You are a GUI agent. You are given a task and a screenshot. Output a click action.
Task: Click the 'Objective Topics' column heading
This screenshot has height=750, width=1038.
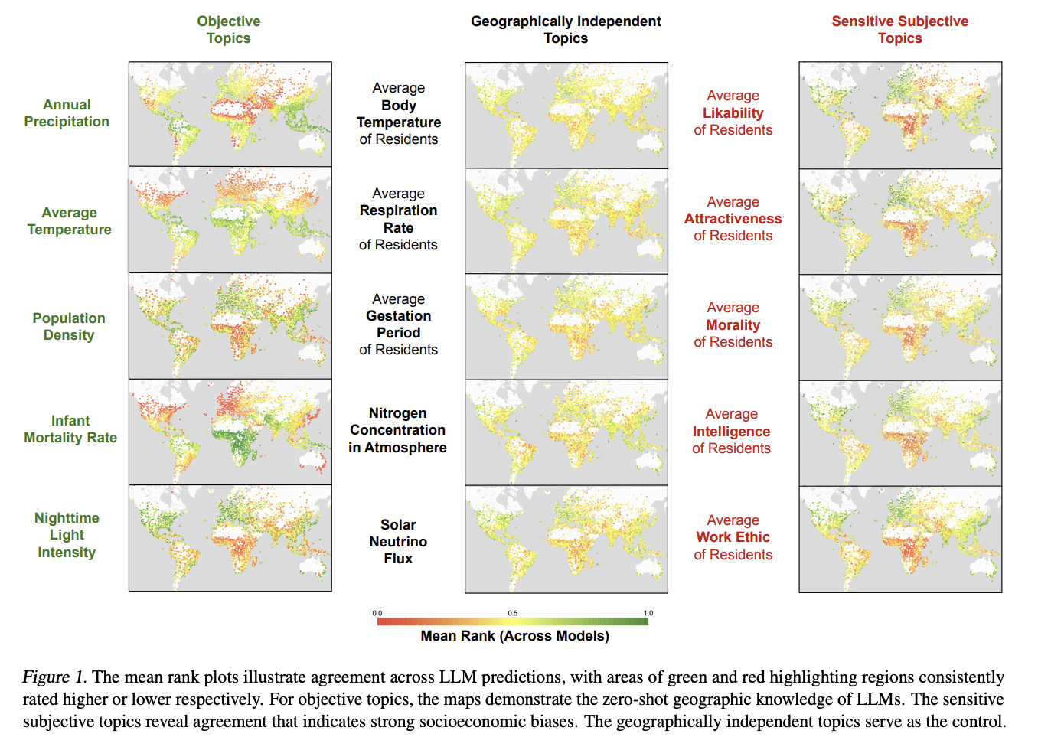(x=228, y=30)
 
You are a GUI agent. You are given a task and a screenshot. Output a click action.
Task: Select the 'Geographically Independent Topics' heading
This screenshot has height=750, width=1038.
(x=566, y=30)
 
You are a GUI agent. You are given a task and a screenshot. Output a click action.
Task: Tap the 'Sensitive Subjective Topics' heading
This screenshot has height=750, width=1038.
(x=900, y=30)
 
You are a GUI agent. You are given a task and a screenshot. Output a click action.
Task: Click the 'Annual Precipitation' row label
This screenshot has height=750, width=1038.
(x=67, y=113)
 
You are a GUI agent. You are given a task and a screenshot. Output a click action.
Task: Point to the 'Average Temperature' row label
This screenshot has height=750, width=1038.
(x=69, y=221)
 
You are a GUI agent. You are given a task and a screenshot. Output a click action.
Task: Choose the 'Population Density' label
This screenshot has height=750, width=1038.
(x=69, y=327)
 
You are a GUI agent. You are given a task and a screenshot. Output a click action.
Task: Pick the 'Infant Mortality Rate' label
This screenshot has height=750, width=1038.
(x=70, y=429)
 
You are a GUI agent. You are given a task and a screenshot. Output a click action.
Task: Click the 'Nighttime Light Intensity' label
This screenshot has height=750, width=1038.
(x=67, y=535)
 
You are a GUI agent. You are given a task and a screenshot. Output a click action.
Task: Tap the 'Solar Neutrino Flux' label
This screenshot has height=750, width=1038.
(x=398, y=542)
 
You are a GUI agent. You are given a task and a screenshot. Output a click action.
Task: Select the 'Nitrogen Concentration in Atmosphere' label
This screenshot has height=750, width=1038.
(x=397, y=430)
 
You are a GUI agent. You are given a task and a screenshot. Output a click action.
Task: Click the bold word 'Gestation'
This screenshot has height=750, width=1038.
(x=399, y=316)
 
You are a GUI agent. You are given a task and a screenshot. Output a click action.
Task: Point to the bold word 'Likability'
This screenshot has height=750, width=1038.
(x=733, y=113)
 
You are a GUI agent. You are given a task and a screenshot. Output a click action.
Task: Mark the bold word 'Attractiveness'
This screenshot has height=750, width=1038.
(x=733, y=219)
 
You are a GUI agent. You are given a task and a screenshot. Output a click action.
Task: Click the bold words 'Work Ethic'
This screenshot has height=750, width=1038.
(x=733, y=537)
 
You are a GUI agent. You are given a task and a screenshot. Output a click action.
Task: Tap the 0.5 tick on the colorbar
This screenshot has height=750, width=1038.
(x=513, y=613)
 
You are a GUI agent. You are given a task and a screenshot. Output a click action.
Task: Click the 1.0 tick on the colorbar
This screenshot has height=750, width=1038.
(x=648, y=613)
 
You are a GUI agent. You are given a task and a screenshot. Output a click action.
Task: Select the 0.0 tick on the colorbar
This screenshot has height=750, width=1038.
(x=377, y=613)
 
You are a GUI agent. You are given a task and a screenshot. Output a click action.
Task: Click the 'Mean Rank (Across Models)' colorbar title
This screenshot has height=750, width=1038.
(x=515, y=636)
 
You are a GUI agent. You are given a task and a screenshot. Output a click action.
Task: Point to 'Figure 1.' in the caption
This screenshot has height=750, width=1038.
(x=54, y=677)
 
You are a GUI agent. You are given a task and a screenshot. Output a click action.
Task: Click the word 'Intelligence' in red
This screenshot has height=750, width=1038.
(x=731, y=432)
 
